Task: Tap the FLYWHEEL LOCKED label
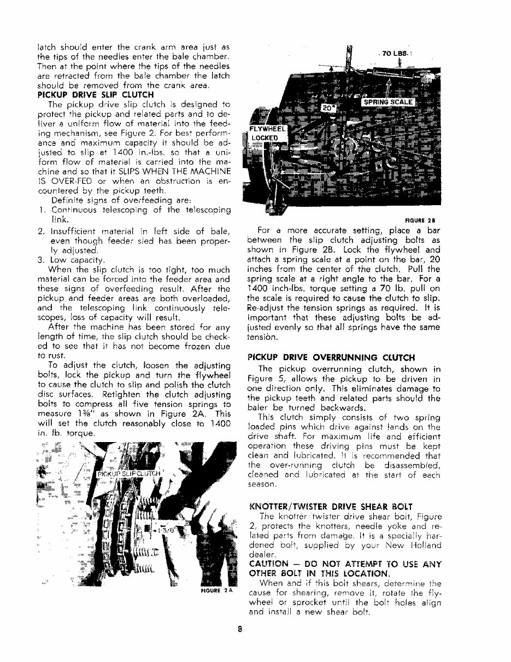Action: (x=264, y=133)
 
